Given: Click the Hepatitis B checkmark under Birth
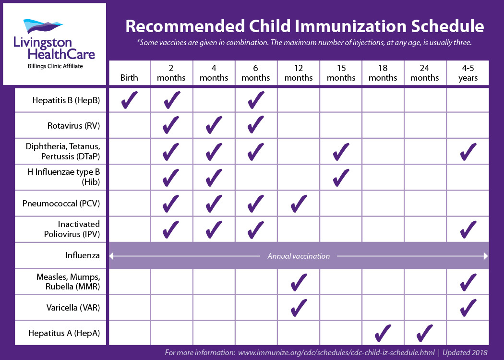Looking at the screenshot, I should [x=130, y=100].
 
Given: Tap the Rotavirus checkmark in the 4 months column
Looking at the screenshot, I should [x=214, y=126].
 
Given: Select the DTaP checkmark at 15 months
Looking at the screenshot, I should [x=341, y=152].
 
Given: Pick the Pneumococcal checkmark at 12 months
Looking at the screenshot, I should [x=299, y=204].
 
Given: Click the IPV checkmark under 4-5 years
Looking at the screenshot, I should [x=468, y=229].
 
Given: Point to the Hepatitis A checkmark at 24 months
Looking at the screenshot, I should [x=425, y=333].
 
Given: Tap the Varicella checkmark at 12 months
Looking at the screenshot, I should [x=299, y=307].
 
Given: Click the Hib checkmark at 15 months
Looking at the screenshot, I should [x=341, y=178].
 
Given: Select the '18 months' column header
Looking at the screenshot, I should [x=383, y=73].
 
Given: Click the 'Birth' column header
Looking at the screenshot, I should [x=129, y=78].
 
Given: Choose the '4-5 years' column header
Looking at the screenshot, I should [x=468, y=73].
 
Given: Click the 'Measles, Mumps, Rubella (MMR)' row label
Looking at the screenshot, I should [x=68, y=282].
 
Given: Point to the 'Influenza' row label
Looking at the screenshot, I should [x=83, y=255].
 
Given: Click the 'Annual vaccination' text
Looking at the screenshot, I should [x=299, y=256].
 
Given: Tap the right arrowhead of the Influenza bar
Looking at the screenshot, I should [x=485, y=256].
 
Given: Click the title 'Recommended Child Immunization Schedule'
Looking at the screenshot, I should [x=305, y=26].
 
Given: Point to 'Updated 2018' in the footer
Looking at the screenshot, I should [x=465, y=353].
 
